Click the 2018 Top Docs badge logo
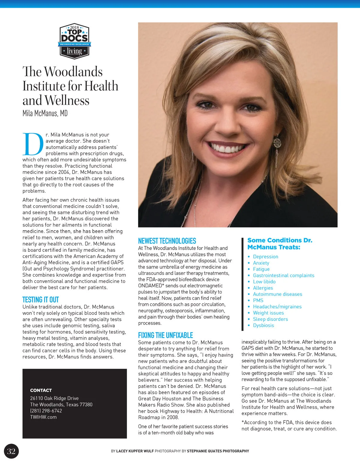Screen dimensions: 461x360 pos(74,41)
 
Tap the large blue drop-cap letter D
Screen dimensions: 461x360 pos(33,144)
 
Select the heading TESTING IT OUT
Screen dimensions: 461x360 pos(40,299)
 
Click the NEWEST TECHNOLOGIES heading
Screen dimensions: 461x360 pos(167,241)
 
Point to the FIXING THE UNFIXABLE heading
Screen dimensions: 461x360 pos(165,335)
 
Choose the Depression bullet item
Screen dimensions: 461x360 pos(265,257)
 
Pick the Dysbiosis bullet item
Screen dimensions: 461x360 pos(263,325)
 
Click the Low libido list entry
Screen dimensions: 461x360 pos(264,281)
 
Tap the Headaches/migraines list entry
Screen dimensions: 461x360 pos(277,307)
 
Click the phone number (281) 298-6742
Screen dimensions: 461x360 pos(46,411)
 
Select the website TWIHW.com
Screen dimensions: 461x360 pos(43,417)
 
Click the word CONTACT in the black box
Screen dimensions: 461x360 pos(41,390)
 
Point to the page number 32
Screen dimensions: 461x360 pos(11,451)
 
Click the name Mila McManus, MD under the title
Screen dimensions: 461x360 pos(45,113)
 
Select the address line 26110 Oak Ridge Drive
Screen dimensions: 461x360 pos(54,398)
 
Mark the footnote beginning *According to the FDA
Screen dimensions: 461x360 pos(289,425)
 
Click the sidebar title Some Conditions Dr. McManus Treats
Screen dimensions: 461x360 pos(280,244)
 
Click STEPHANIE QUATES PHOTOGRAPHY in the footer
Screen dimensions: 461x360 pos(218,451)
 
